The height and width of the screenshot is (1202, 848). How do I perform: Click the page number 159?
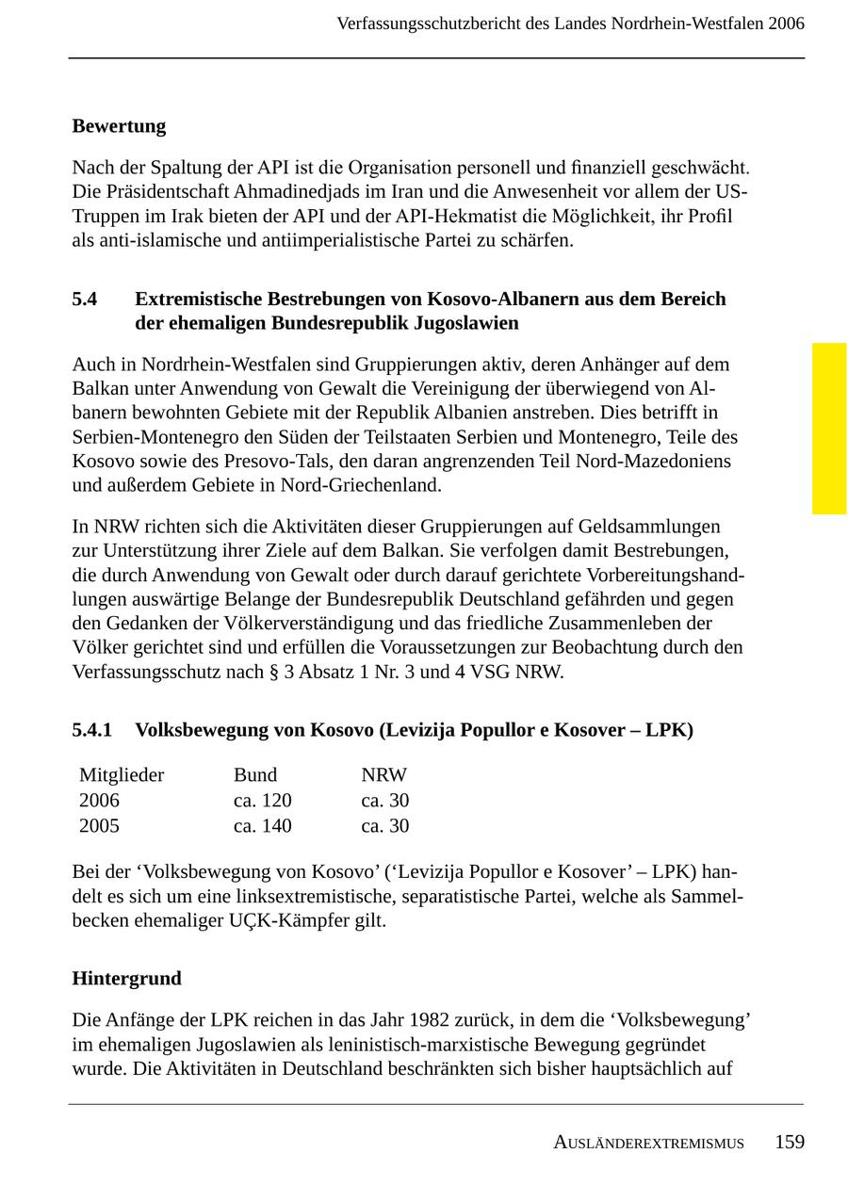(790, 1142)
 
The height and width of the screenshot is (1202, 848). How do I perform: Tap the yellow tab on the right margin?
(829, 429)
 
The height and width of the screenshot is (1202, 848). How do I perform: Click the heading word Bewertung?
(119, 126)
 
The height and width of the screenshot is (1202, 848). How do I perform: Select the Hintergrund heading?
(126, 979)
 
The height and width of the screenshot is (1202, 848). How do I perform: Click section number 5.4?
(85, 300)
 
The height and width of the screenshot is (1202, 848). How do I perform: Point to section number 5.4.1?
(91, 730)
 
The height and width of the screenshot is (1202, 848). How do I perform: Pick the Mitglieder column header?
(122, 775)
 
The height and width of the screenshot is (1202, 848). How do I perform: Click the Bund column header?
(255, 775)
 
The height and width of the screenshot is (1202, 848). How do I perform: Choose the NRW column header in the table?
(384, 775)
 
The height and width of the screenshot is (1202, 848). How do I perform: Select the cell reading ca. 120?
(263, 801)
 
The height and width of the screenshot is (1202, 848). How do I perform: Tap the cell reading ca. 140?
(263, 826)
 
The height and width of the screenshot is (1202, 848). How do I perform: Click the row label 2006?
(99, 801)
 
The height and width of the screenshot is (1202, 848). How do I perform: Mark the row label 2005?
(99, 826)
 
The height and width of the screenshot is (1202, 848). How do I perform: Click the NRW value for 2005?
(385, 826)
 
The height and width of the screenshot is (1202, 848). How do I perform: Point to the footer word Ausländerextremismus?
(648, 1144)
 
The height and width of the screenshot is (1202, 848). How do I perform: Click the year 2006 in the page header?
(786, 24)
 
